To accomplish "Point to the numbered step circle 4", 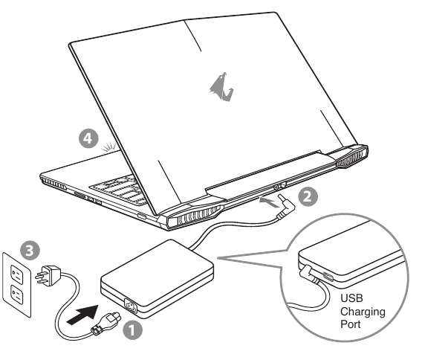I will point(90,139).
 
